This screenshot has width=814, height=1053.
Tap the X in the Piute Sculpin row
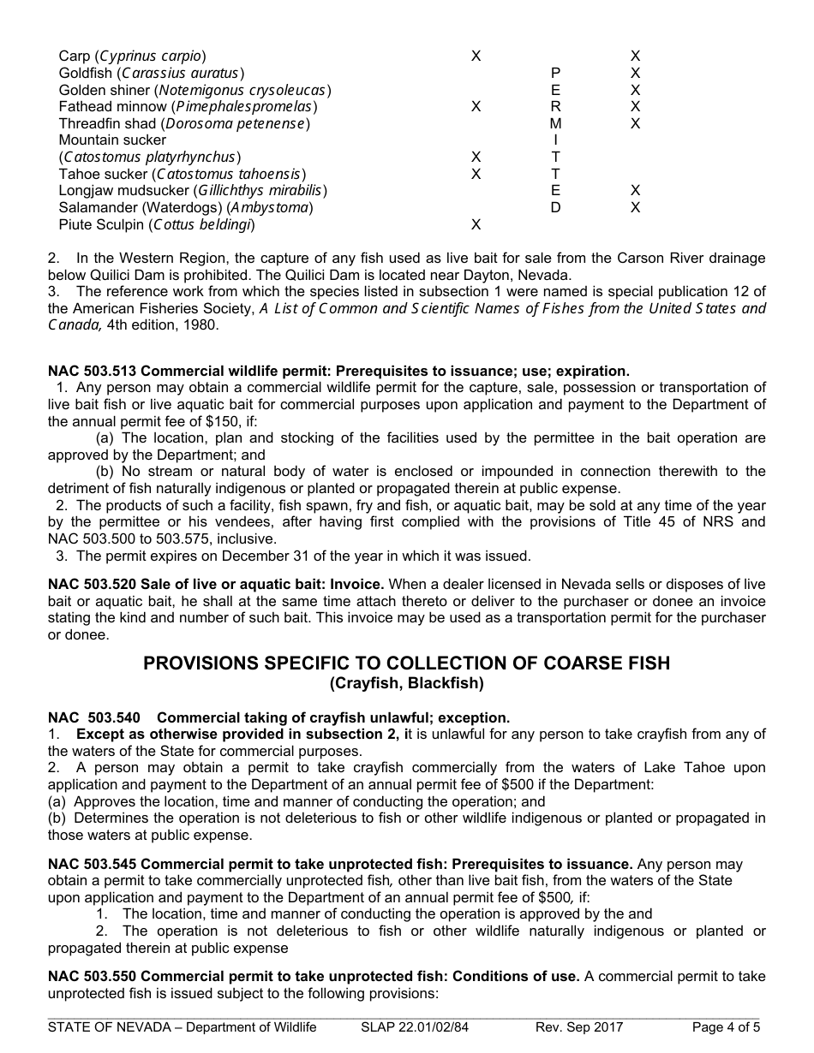476,224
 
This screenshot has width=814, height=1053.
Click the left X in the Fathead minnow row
476,107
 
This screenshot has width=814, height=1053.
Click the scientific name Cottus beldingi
201,225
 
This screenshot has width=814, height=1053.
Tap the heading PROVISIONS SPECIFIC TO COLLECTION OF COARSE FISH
406,663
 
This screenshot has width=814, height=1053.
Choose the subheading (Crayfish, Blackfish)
406,683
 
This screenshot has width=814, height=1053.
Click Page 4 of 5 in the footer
726,1027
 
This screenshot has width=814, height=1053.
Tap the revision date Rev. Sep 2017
579,1027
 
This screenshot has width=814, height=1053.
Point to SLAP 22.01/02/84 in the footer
415,1027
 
